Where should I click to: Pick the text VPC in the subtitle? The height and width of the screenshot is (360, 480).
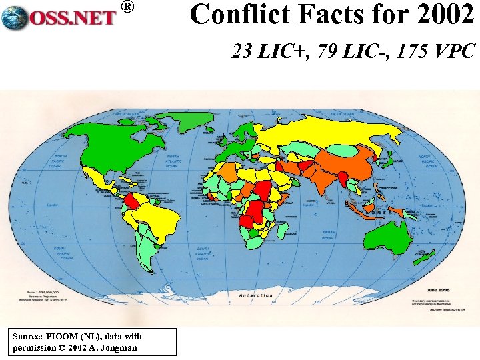pyautogui.click(x=453, y=51)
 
